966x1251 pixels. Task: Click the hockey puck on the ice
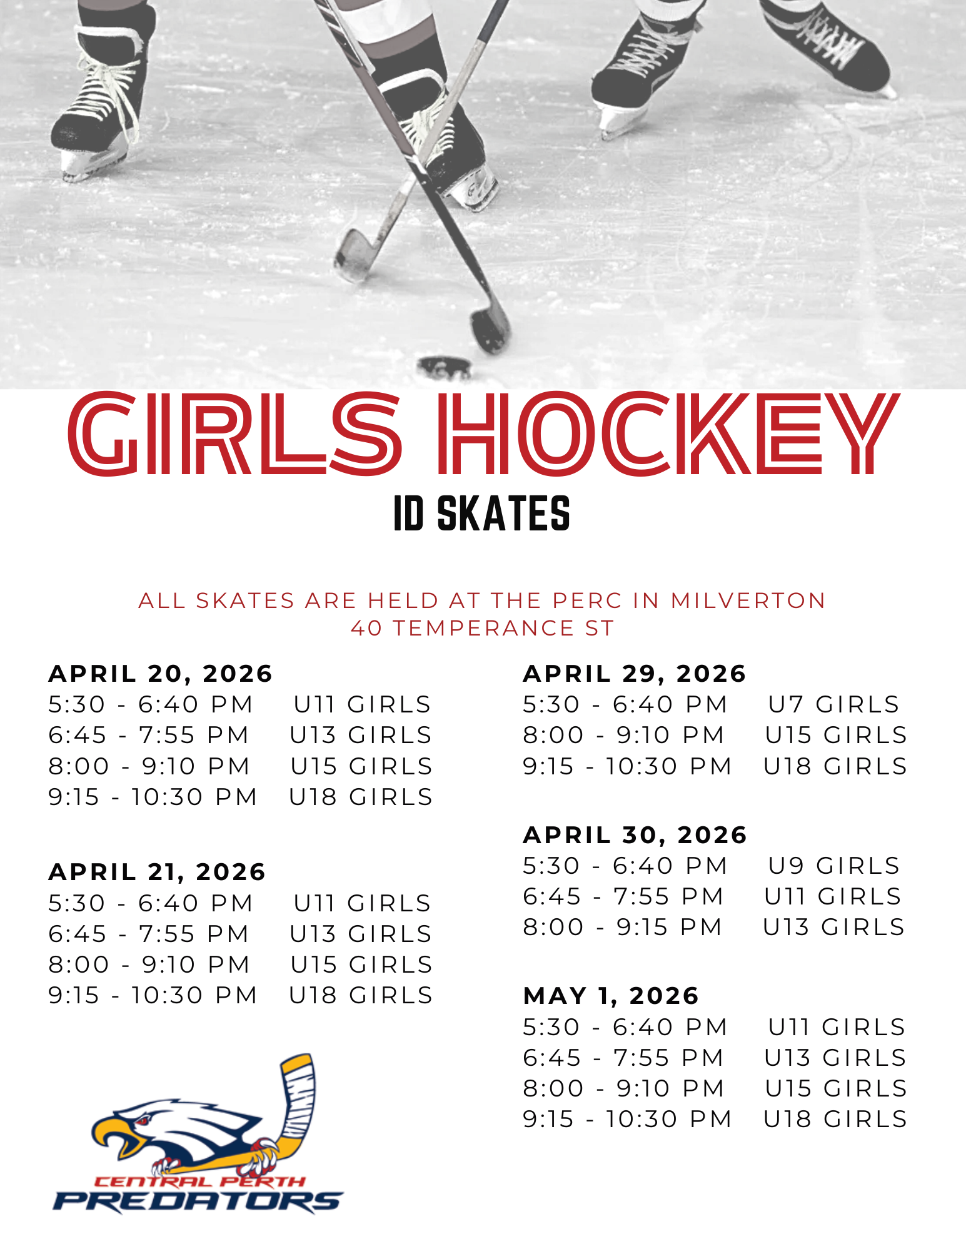[445, 368]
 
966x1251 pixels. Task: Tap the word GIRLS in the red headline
[235, 433]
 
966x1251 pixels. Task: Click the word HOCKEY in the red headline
[668, 433]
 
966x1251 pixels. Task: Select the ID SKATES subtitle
[481, 514]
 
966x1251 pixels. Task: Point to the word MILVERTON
[748, 600]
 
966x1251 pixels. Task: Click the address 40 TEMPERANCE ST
[483, 628]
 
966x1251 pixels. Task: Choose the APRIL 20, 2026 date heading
[161, 674]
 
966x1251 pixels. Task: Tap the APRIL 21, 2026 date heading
[157, 872]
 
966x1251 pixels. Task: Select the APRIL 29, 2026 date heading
[635, 674]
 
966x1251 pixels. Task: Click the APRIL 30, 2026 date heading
[635, 835]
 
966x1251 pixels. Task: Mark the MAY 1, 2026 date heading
[611, 996]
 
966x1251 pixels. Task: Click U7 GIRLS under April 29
[833, 704]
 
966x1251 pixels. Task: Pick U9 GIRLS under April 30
[833, 866]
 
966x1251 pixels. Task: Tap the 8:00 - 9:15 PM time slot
[623, 927]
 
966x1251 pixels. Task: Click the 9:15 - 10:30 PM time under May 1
[627, 1119]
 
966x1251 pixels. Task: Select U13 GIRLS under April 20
[361, 735]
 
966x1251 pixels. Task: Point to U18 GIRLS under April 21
[361, 995]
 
